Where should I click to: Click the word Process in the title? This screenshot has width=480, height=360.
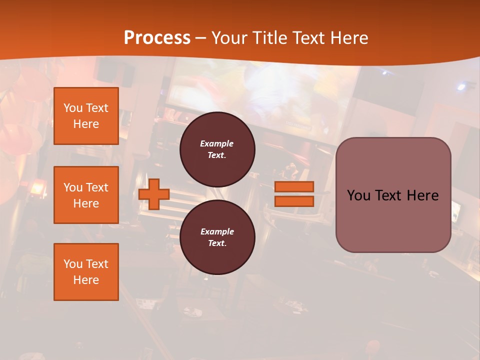(x=157, y=38)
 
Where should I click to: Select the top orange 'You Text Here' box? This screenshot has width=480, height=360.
(x=86, y=116)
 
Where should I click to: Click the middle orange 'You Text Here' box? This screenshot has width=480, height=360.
(x=86, y=195)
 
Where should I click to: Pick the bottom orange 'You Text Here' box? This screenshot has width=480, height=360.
(x=86, y=272)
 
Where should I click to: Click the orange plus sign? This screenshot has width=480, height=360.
(x=154, y=194)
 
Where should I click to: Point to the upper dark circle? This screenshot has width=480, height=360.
(x=217, y=149)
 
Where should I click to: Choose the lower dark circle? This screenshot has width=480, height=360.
(x=217, y=237)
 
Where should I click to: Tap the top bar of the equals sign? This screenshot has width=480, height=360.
(x=294, y=187)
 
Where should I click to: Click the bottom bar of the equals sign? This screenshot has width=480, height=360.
(x=294, y=201)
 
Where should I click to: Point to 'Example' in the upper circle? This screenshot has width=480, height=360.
(x=217, y=143)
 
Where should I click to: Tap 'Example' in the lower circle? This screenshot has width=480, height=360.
(x=217, y=231)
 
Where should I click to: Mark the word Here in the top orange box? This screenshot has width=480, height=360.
(x=86, y=124)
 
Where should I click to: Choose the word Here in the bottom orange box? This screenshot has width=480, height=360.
(x=86, y=280)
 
